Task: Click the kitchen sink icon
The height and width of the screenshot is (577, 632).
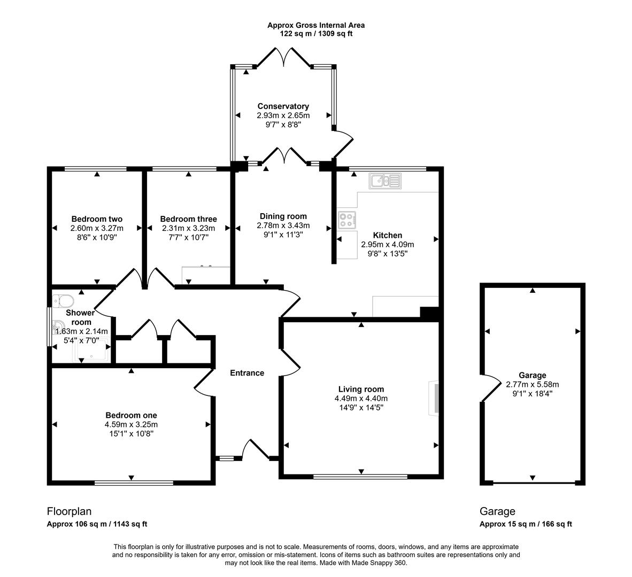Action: pyautogui.click(x=384, y=181)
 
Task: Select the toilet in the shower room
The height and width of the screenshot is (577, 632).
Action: pyautogui.click(x=63, y=300)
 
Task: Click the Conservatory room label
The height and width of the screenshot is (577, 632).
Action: pyautogui.click(x=283, y=106)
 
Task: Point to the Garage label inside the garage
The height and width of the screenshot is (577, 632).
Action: pyautogui.click(x=532, y=375)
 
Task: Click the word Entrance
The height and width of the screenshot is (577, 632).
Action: pyautogui.click(x=247, y=373)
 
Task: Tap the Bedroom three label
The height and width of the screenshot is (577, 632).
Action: pyautogui.click(x=188, y=219)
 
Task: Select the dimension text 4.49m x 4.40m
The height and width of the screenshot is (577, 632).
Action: pyautogui.click(x=361, y=399)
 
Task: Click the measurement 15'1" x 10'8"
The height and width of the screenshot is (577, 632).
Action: pyautogui.click(x=131, y=434)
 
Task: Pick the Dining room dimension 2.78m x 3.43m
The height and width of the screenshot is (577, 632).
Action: pyautogui.click(x=283, y=225)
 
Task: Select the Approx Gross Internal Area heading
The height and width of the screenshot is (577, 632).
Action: pyautogui.click(x=316, y=25)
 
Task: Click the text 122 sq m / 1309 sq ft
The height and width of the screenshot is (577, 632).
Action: pyautogui.click(x=316, y=34)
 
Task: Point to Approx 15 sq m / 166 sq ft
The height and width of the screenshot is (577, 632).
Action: pyautogui.click(x=526, y=524)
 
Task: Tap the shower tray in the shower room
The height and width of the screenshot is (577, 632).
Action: pyautogui.click(x=94, y=350)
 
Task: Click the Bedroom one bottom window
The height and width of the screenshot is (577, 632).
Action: pyautogui.click(x=134, y=482)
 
